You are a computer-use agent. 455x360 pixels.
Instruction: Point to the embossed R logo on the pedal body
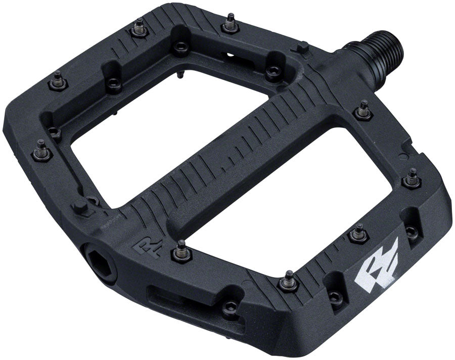(x=143, y=247)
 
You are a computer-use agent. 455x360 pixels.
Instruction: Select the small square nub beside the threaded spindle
(x=303, y=49)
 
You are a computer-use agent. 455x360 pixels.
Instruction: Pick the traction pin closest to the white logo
(x=357, y=233)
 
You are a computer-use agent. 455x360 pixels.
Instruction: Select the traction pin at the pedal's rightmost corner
(x=412, y=178)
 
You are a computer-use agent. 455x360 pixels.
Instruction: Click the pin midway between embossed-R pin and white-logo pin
(x=289, y=280)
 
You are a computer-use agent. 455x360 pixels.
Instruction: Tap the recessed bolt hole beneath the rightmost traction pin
(x=413, y=232)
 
